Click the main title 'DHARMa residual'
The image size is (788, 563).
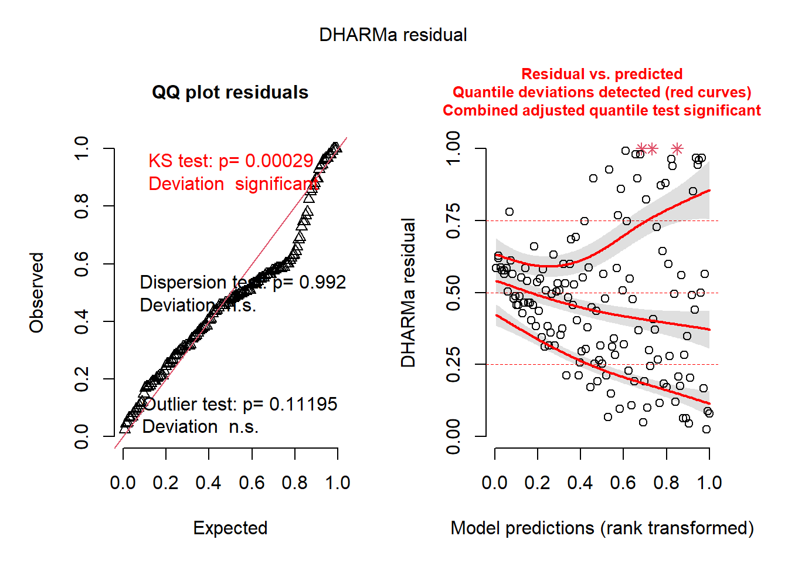pyautogui.click(x=393, y=35)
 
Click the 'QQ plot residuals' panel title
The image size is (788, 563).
pyautogui.click(x=230, y=93)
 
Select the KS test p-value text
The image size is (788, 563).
pyautogui.click(x=230, y=161)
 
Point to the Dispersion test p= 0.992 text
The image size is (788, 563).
pyautogui.click(x=243, y=282)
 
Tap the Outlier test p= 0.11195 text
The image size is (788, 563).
pyautogui.click(x=240, y=404)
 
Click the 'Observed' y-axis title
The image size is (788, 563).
pyautogui.click(x=37, y=293)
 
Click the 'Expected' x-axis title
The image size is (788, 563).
pyautogui.click(x=230, y=528)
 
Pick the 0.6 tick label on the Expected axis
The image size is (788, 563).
pyautogui.click(x=252, y=483)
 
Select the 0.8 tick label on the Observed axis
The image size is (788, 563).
pyautogui.click(x=81, y=206)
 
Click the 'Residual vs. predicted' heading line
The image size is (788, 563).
pyautogui.click(x=602, y=74)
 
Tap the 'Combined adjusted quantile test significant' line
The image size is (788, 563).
pyautogui.click(x=602, y=110)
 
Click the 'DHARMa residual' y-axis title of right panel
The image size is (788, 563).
pyautogui.click(x=408, y=293)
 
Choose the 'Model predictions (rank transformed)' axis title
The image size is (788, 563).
pyautogui.click(x=602, y=528)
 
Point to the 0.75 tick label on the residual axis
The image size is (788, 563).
pyautogui.click(x=453, y=221)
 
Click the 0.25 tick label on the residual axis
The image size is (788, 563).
pyautogui.click(x=453, y=365)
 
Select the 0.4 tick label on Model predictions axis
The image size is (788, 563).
pyautogui.click(x=580, y=483)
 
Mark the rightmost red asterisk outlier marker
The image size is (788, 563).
pyautogui.click(x=677, y=149)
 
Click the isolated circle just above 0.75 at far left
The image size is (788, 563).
pyautogui.click(x=510, y=212)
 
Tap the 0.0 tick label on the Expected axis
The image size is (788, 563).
pyautogui.click(x=123, y=483)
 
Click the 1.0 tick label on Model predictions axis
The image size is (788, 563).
pyautogui.click(x=709, y=483)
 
